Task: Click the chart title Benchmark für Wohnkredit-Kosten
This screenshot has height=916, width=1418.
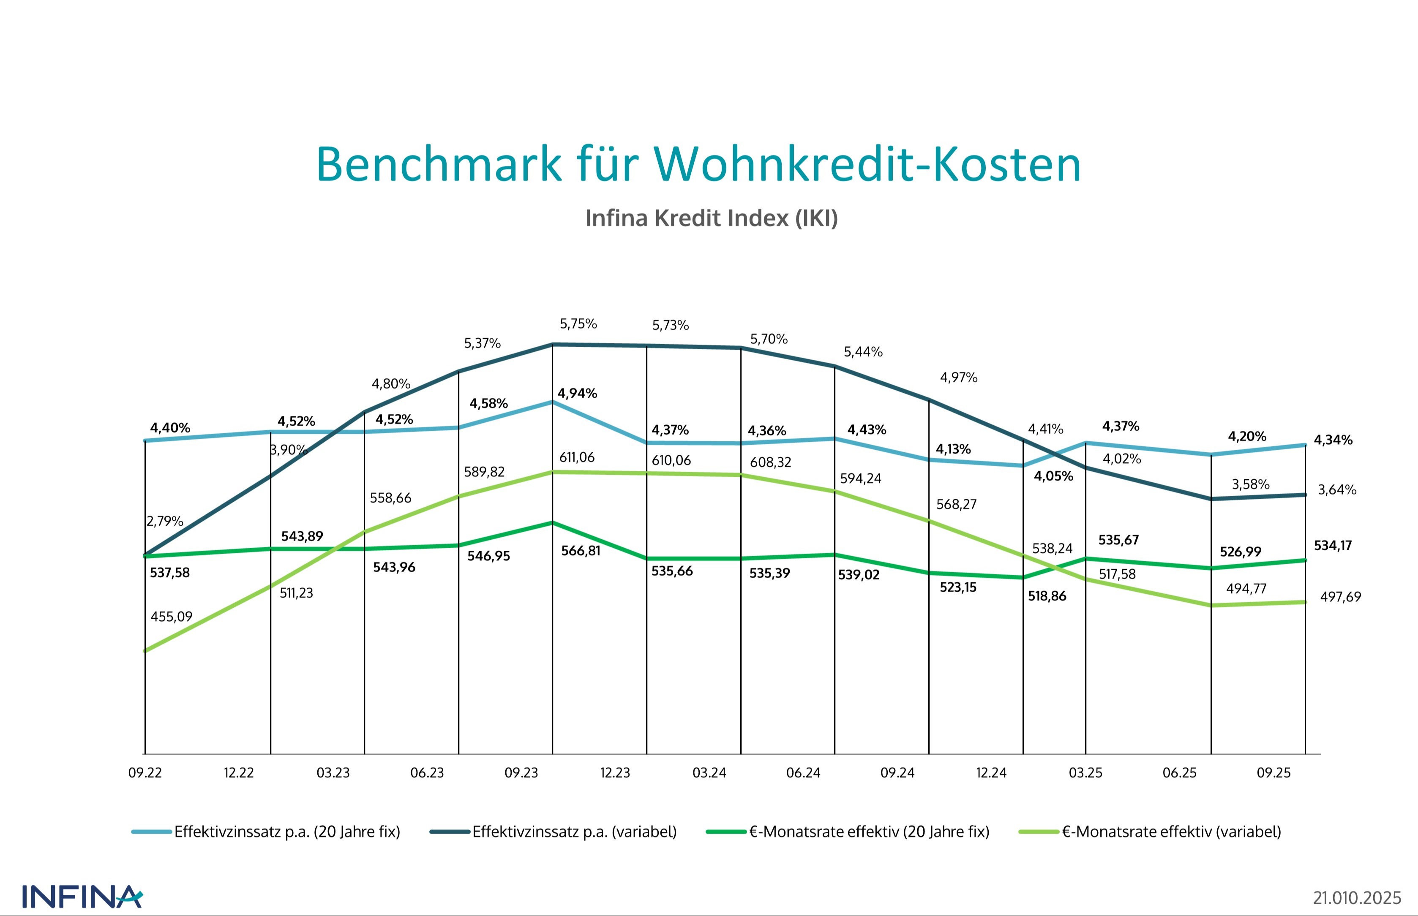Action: pyautogui.click(x=698, y=164)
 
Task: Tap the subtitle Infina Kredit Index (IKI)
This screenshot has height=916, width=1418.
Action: pyautogui.click(x=711, y=218)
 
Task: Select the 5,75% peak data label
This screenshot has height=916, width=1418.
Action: pyautogui.click(x=578, y=323)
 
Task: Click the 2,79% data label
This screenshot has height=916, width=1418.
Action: pyautogui.click(x=165, y=521)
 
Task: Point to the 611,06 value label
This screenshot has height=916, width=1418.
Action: pyautogui.click(x=577, y=457)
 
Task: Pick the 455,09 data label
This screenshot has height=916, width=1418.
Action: pyautogui.click(x=172, y=616)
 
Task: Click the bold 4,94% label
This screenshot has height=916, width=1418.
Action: pyautogui.click(x=577, y=393)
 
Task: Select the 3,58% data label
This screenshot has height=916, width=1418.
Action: pyautogui.click(x=1250, y=484)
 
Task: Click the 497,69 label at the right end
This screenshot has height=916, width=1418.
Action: pyautogui.click(x=1340, y=597)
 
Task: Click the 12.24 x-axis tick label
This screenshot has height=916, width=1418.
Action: pyautogui.click(x=991, y=773)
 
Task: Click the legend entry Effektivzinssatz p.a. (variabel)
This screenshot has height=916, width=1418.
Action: pyautogui.click(x=574, y=832)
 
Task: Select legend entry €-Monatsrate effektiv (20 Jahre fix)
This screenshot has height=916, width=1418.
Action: pyautogui.click(x=869, y=832)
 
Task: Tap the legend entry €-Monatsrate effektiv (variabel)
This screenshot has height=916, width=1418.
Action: pyautogui.click(x=1171, y=832)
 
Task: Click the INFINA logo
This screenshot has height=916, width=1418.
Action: pyautogui.click(x=82, y=897)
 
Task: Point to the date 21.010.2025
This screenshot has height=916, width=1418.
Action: pyautogui.click(x=1357, y=897)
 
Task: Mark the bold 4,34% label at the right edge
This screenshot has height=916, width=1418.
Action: pyautogui.click(x=1333, y=440)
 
